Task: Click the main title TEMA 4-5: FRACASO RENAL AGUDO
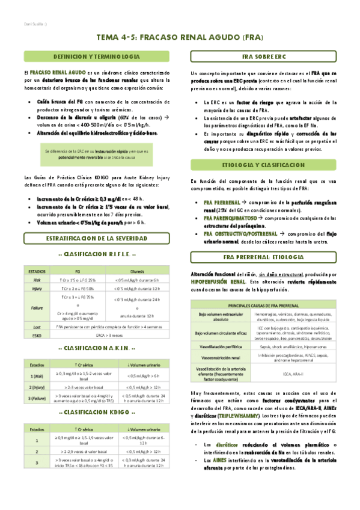180,37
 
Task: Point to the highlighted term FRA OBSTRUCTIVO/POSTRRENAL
238,233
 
